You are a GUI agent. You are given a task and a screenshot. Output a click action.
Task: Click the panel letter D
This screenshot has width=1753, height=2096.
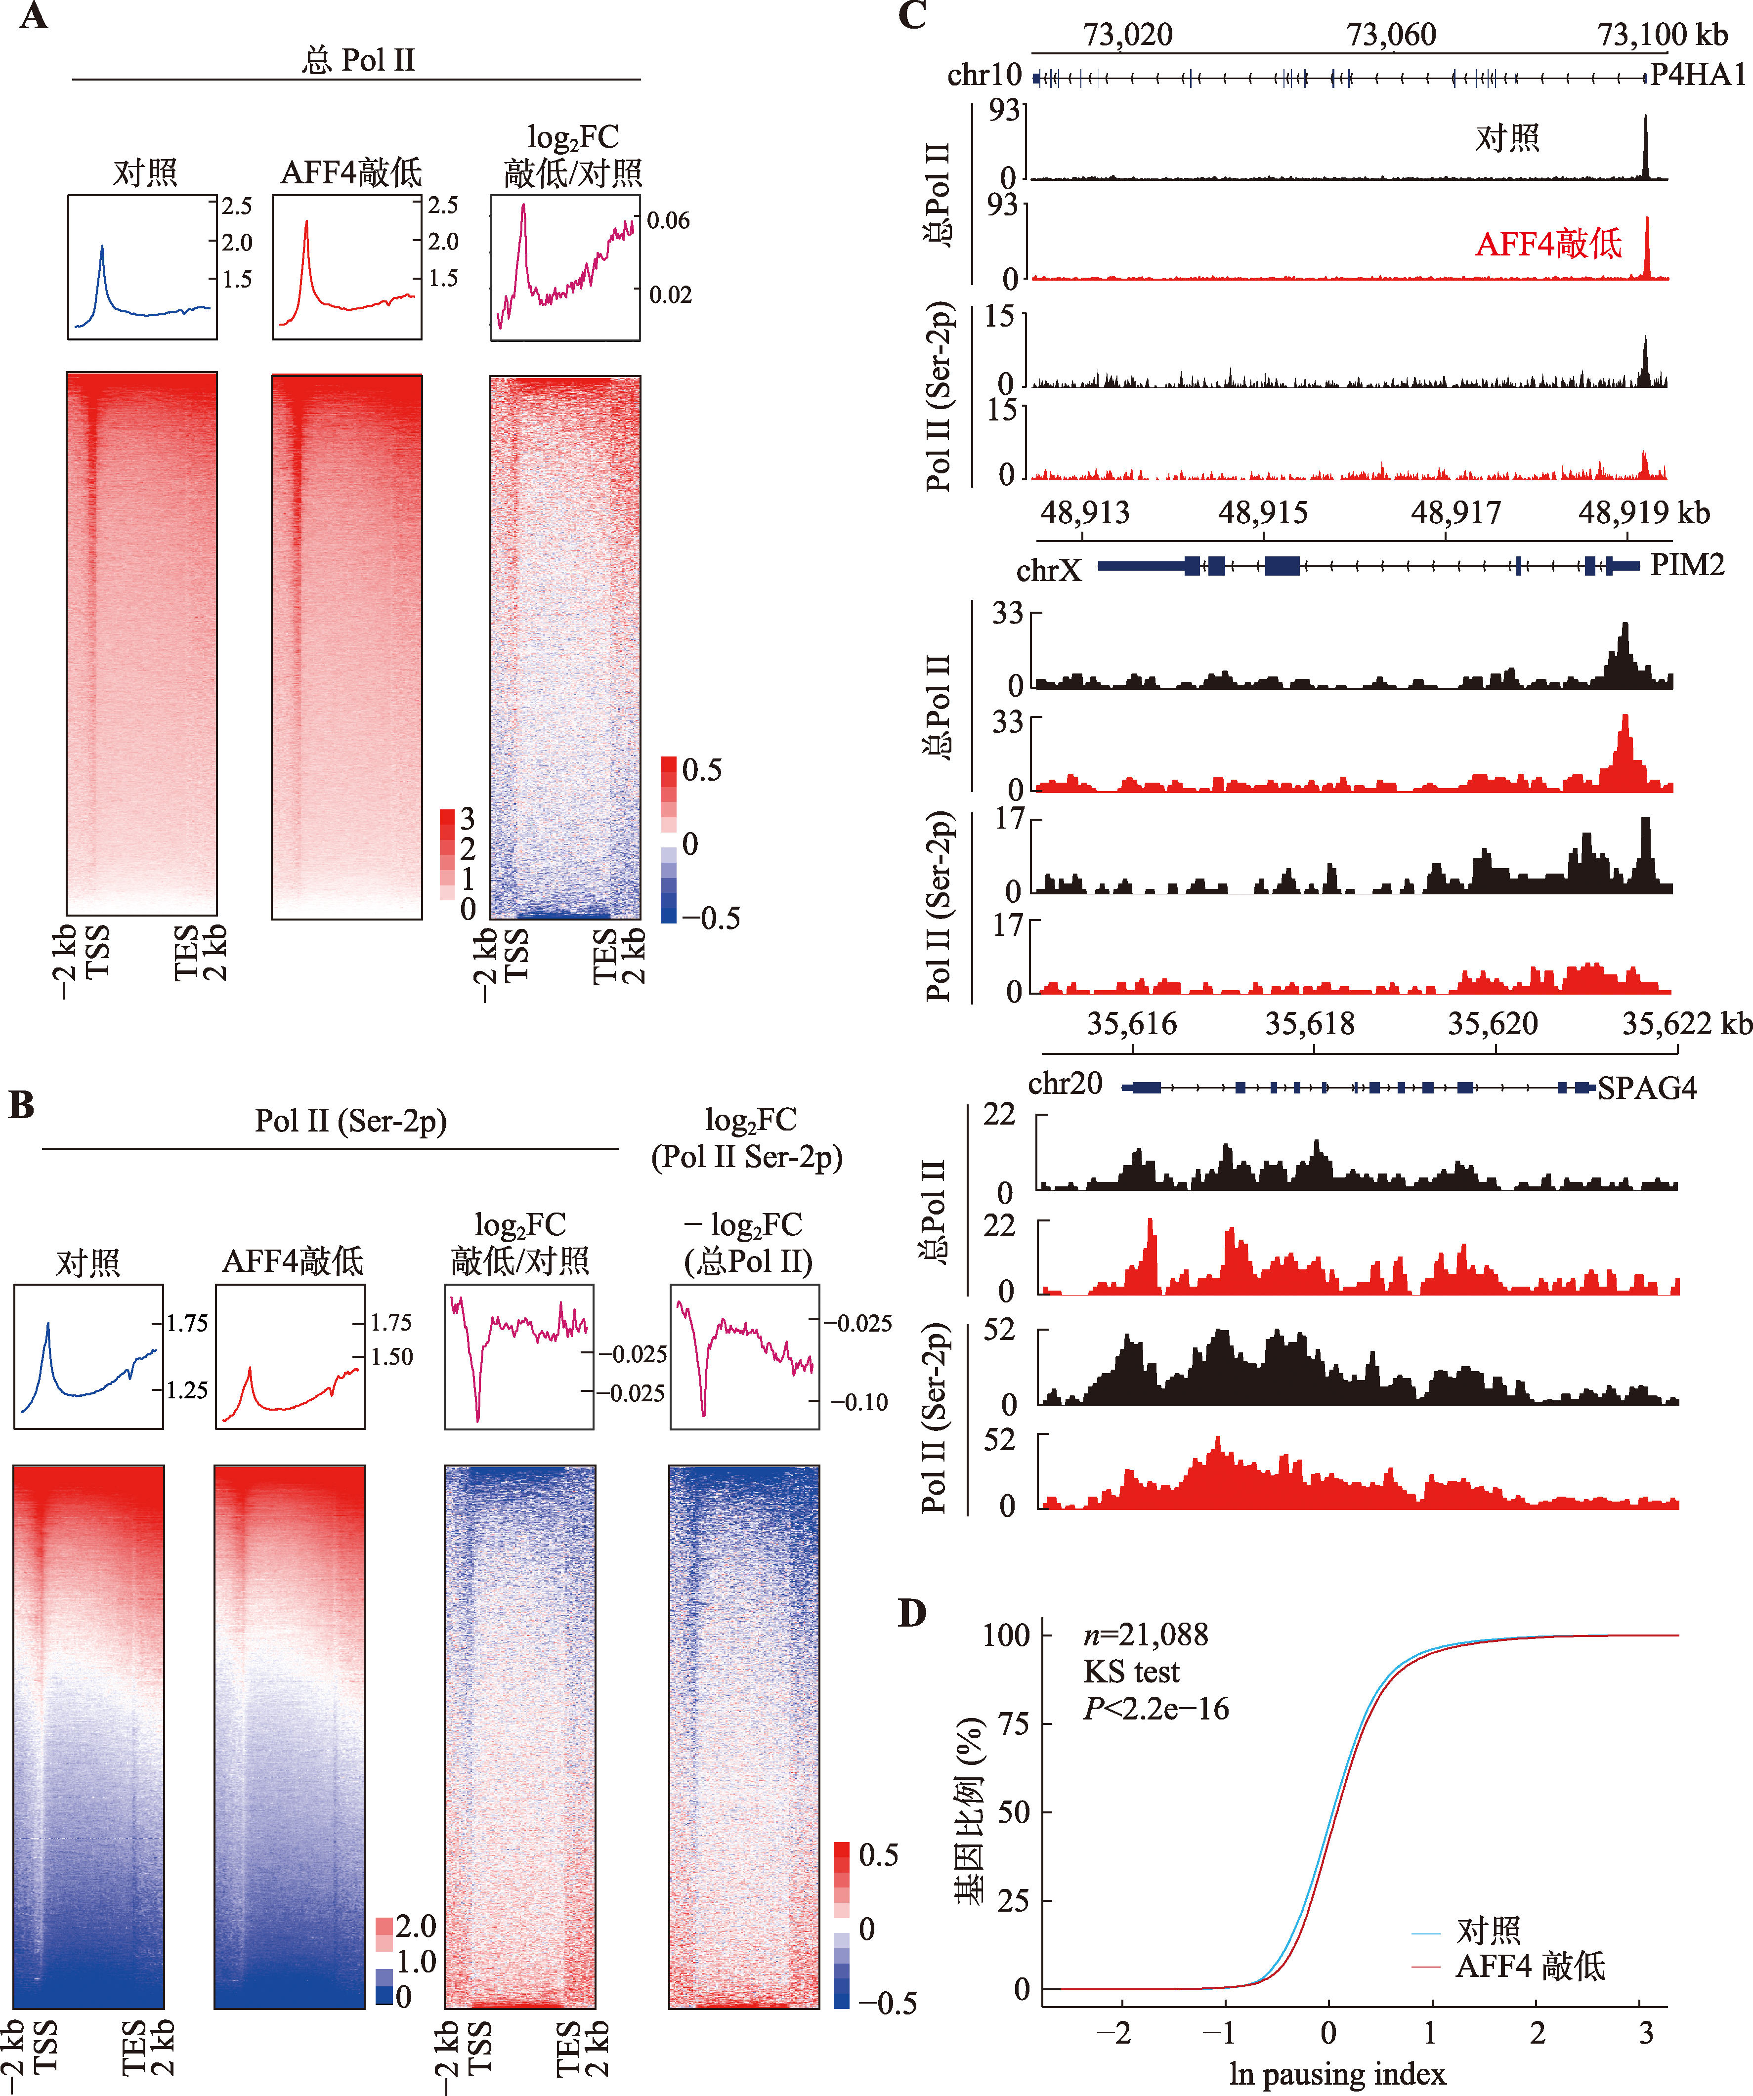tap(912, 1613)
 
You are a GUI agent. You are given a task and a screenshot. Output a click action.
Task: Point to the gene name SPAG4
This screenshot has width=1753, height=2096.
tap(1647, 1088)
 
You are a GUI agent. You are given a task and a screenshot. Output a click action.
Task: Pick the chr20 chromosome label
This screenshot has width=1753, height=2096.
tap(1065, 1084)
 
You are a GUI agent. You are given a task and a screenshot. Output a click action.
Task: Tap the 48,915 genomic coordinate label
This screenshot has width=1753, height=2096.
tap(1263, 513)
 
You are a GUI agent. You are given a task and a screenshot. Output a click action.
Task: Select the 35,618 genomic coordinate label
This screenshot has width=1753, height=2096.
tap(1310, 1024)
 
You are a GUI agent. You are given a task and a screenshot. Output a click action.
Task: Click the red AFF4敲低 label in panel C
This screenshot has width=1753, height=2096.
tap(1548, 244)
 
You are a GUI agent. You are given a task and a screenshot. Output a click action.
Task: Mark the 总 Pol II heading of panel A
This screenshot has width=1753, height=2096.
tap(357, 60)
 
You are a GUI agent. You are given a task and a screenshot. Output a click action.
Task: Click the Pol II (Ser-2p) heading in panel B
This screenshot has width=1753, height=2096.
tap(350, 1121)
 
